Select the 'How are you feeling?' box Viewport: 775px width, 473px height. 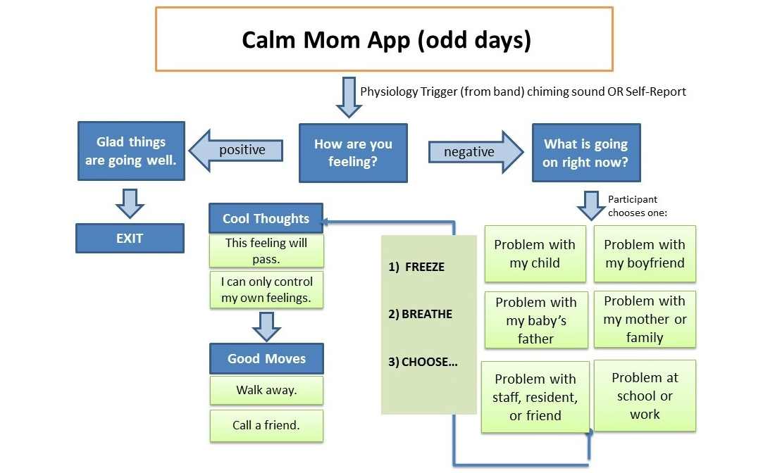(353, 153)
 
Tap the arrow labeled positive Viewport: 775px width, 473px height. (242, 150)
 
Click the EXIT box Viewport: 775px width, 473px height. (130, 238)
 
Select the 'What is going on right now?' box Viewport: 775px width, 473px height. (585, 153)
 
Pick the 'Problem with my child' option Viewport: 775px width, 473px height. (535, 254)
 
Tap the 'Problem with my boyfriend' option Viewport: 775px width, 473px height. (644, 254)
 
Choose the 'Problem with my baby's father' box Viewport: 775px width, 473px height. (535, 320)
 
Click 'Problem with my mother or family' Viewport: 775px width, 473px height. (644, 319)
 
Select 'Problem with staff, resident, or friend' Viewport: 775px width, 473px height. (535, 397)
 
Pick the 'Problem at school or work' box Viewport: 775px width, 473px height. (645, 396)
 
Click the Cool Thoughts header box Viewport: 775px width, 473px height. (266, 218)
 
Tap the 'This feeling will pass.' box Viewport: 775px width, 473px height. (266, 251)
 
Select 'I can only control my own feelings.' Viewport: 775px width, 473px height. (266, 289)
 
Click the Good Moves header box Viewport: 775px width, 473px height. (266, 358)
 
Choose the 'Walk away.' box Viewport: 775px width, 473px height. (266, 390)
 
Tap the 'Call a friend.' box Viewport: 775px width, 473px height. (266, 425)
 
